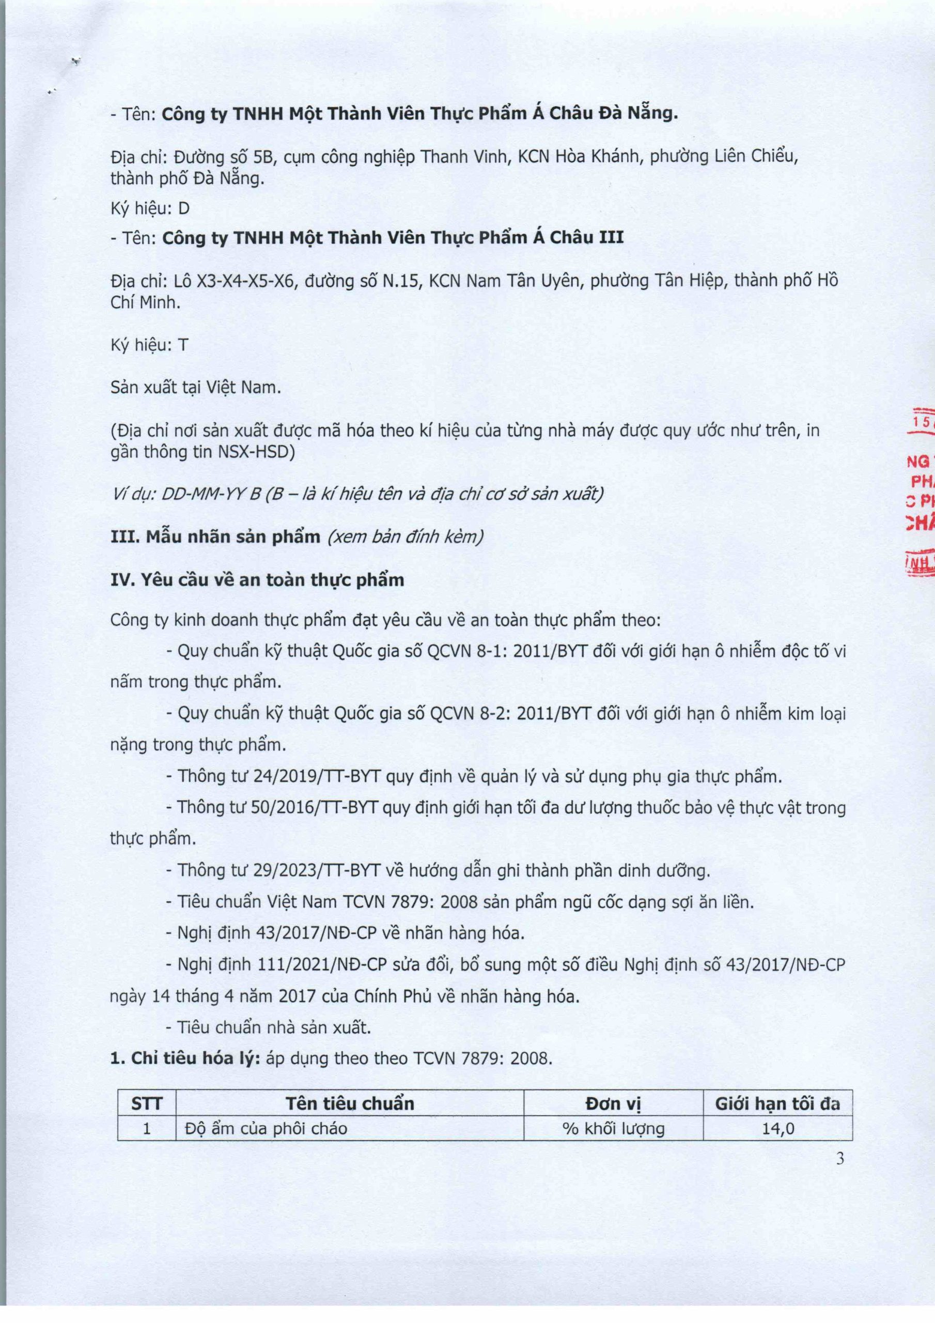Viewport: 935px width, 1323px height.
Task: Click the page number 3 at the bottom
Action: tap(840, 1158)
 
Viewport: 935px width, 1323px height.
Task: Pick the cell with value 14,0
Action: tap(778, 1128)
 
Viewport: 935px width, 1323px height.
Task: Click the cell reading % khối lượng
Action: tap(613, 1128)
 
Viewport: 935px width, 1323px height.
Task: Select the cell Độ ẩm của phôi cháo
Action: tap(266, 1128)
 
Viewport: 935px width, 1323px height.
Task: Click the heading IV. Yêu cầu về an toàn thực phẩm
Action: tap(257, 580)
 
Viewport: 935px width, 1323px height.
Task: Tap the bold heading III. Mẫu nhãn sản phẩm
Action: tap(215, 536)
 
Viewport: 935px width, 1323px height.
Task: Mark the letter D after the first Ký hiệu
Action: tap(184, 209)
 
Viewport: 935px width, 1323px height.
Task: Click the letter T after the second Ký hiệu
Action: tap(183, 345)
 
